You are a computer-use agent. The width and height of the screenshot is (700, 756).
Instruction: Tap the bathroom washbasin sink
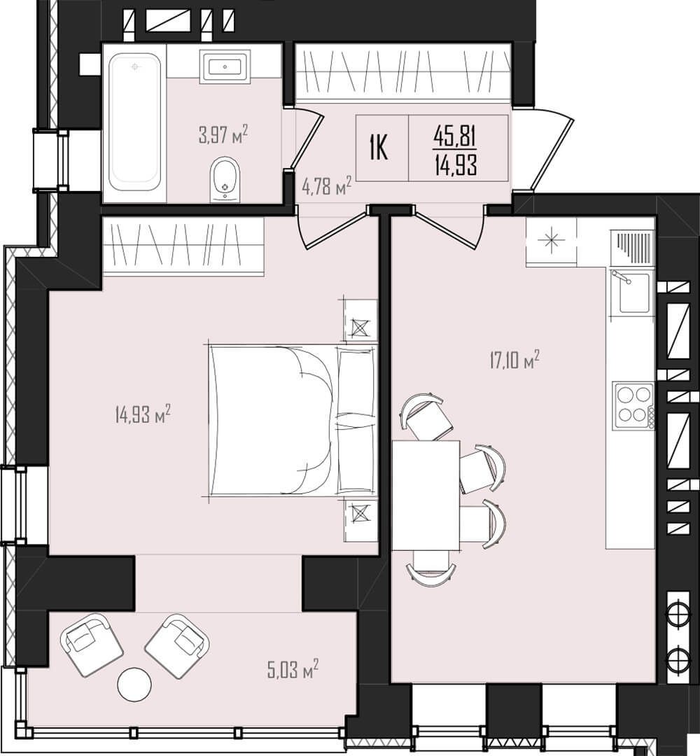(225, 66)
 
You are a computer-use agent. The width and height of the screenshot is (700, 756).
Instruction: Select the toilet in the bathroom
(225, 178)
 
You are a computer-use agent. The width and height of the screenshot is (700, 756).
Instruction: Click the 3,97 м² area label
(223, 134)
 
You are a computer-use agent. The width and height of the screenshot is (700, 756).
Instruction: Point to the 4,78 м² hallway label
(326, 185)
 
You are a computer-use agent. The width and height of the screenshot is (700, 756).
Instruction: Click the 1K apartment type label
(379, 148)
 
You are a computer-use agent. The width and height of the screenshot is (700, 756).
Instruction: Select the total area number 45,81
(455, 136)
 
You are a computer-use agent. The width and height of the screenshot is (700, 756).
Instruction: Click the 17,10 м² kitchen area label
(514, 360)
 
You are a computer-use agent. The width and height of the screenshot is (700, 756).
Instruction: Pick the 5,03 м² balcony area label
(293, 669)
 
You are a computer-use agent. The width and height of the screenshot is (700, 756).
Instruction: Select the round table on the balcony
(134, 684)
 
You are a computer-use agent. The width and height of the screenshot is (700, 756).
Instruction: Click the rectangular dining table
(426, 495)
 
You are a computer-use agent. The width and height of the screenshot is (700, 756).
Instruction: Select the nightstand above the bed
(360, 321)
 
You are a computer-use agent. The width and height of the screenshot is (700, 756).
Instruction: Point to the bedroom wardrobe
(183, 246)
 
